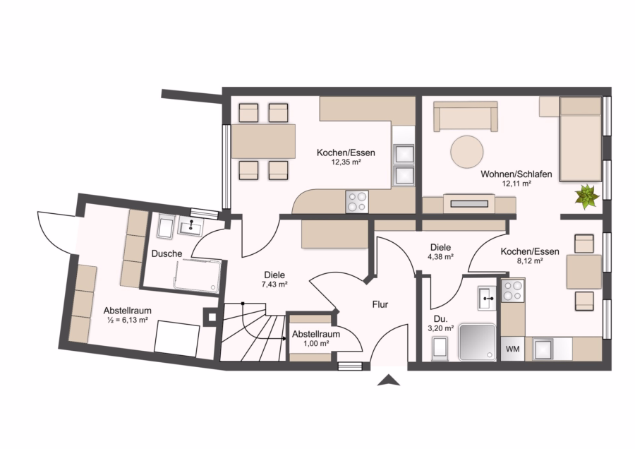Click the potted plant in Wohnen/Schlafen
pos(587,196)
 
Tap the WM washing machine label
pos(513,349)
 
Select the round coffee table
pos(467,152)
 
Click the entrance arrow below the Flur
pos(389,380)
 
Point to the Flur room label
pos(380,304)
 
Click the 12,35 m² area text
pos(346,162)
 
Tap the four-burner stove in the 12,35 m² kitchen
pos(357,201)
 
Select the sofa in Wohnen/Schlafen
pos(466,116)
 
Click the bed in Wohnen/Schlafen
pos(580,138)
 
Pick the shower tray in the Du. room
pos(477,342)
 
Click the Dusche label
pos(167,253)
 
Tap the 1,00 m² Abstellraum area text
pos(316,343)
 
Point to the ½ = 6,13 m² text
pos(127,320)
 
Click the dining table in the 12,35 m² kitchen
pos(263,141)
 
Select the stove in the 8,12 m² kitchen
pos(513,292)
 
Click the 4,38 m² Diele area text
pos(440,256)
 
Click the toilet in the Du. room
pos(440,349)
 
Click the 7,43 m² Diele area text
pos(274,284)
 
